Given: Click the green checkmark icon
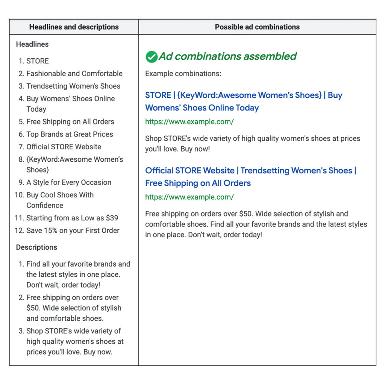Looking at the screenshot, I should (x=152, y=57).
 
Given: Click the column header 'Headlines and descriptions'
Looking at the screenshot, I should (x=74, y=27).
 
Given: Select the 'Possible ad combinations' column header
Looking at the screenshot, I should (x=257, y=27).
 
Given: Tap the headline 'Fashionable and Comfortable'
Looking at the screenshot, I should (x=74, y=73).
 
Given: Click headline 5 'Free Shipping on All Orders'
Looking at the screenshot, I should (x=70, y=121).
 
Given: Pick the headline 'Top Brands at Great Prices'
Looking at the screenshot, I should (x=70, y=134).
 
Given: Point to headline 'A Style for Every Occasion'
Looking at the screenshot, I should (x=69, y=182).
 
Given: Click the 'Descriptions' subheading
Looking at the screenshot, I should (x=36, y=247).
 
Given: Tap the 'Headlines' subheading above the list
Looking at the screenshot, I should (x=32, y=44).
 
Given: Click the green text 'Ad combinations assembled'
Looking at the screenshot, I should (x=227, y=56).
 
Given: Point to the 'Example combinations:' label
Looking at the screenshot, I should (x=183, y=73).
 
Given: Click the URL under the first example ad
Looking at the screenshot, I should (x=189, y=121).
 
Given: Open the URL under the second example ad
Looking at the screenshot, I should (x=189, y=197).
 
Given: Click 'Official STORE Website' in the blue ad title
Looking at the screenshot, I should (x=190, y=170).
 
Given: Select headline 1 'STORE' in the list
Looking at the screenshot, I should (x=38, y=61).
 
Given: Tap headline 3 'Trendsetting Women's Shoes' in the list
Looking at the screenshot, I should (x=73, y=86).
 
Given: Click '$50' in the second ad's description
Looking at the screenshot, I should (x=246, y=214).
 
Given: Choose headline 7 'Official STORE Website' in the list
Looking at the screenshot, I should (x=64, y=147).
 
